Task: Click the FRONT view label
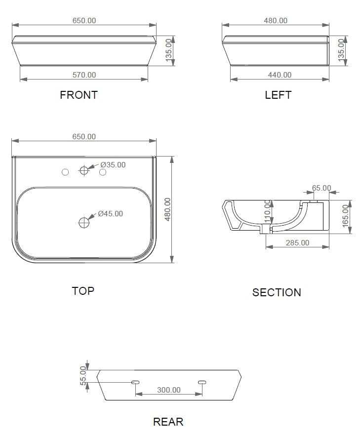click(79, 95)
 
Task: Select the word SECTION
click(277, 292)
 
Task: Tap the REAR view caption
click(168, 422)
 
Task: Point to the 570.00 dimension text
click(84, 75)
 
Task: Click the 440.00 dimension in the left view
click(280, 75)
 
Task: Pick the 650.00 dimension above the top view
click(84, 137)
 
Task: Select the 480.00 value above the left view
click(276, 21)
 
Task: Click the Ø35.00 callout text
click(113, 164)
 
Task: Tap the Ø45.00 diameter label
click(110, 214)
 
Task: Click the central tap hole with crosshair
click(84, 171)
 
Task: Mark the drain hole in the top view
click(84, 223)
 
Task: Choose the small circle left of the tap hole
click(65, 172)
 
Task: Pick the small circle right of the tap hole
click(103, 172)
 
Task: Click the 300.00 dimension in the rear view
click(169, 390)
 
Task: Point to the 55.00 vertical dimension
click(83, 375)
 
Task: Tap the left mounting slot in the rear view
click(135, 382)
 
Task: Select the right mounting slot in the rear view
click(202, 382)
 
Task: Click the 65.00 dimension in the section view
click(321, 188)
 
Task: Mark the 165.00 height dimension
click(345, 215)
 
